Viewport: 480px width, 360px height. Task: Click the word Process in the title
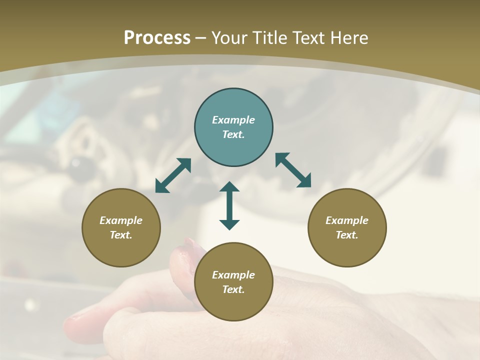coord(157,38)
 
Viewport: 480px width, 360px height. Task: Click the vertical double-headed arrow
coord(229,205)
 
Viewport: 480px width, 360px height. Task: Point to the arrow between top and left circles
coord(173,175)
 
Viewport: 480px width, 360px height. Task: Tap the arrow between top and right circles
coord(293,170)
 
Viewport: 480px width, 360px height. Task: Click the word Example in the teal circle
coord(233,120)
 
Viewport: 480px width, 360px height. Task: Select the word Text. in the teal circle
coord(233,134)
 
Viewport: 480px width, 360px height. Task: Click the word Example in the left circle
coord(121,220)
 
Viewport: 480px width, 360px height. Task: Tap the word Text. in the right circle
coord(347,235)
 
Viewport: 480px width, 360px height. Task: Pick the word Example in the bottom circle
coord(233,275)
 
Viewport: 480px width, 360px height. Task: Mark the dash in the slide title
coord(201,38)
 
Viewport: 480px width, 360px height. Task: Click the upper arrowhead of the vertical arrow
coord(229,187)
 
